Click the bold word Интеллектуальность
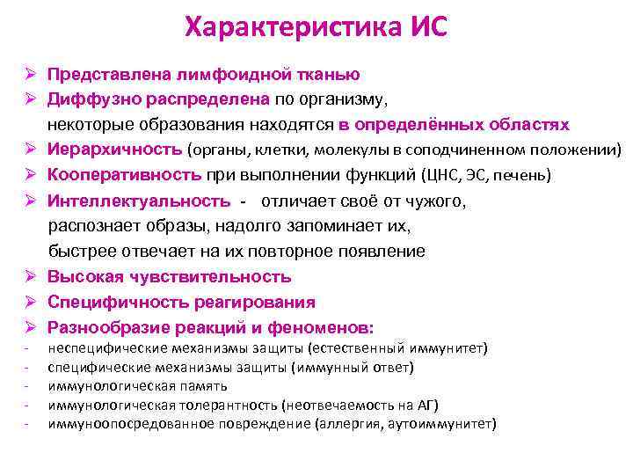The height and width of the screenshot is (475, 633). (x=139, y=201)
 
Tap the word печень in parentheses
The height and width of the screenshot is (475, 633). (x=521, y=176)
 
